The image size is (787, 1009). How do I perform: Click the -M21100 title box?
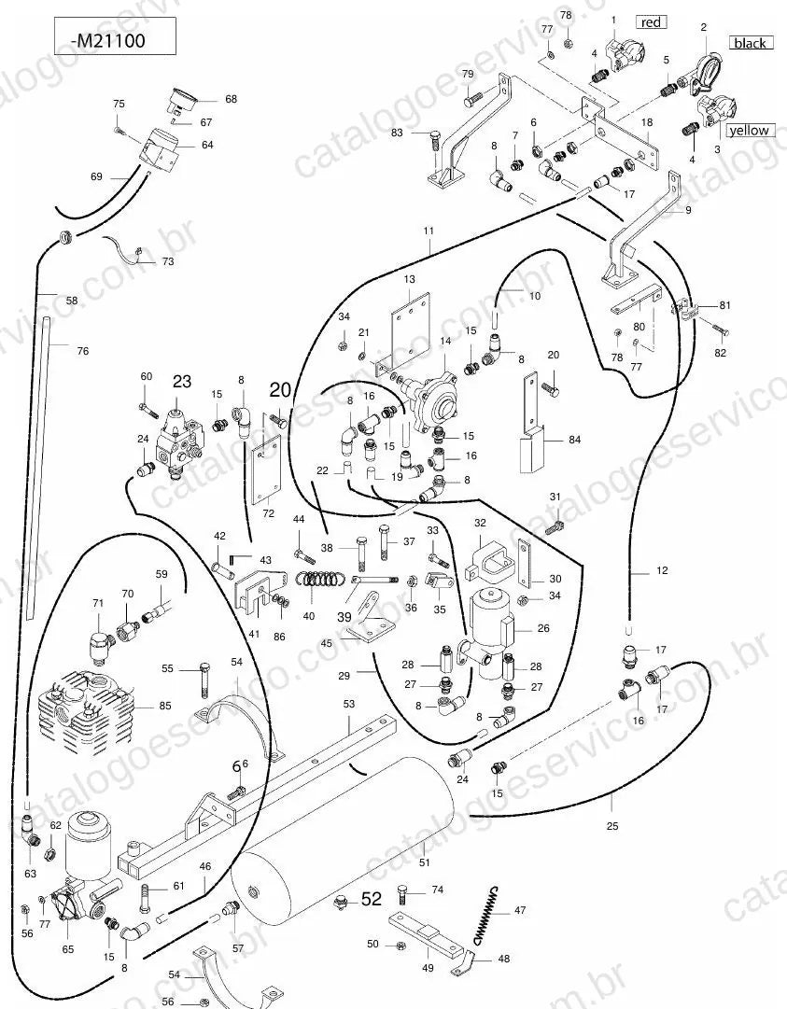[115, 36]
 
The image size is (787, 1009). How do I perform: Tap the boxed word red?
[651, 21]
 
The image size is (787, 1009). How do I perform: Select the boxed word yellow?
[749, 130]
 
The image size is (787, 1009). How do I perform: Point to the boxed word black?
[751, 43]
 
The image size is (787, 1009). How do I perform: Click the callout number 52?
[372, 898]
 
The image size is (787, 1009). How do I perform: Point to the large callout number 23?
[182, 382]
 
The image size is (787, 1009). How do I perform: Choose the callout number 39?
[344, 616]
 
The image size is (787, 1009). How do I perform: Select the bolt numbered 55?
[204, 680]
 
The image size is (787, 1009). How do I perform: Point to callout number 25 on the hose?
[612, 826]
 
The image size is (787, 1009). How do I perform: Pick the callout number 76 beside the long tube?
[82, 351]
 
